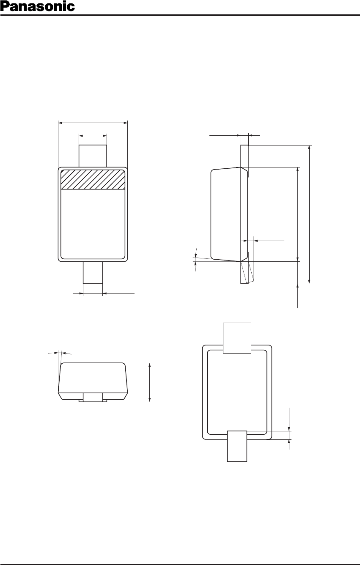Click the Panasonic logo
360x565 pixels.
click(x=38, y=6)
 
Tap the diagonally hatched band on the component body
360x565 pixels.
click(x=93, y=180)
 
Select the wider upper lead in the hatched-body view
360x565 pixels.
click(x=93, y=156)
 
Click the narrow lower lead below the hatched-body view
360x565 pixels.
click(x=93, y=273)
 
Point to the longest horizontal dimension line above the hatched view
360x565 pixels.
click(x=93, y=123)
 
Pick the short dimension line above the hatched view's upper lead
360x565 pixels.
click(x=93, y=136)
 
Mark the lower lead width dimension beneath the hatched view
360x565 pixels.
click(x=104, y=293)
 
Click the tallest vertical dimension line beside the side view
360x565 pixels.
click(x=310, y=214)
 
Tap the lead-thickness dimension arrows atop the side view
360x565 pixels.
click(x=235, y=135)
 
